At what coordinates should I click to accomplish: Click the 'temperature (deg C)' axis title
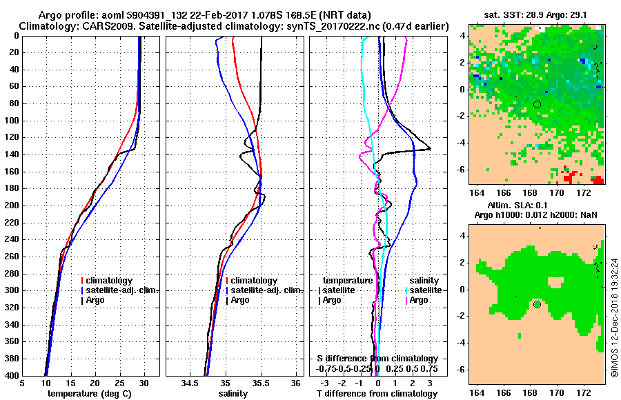[90, 394]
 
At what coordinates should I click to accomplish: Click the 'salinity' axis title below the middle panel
[233, 394]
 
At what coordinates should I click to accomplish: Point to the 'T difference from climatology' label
[377, 394]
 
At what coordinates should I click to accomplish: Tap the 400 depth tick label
[12, 376]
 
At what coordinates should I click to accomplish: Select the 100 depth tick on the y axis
[12, 120]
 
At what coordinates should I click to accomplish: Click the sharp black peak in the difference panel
[429, 148]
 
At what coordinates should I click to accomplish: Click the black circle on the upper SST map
[537, 104]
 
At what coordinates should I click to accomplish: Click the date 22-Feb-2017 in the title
[228, 15]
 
